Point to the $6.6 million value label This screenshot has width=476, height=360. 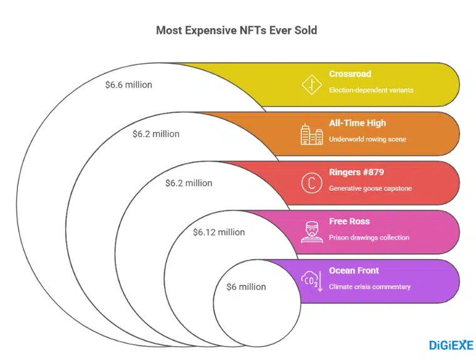pyautogui.click(x=128, y=85)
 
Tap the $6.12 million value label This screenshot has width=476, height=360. pyautogui.click(x=219, y=232)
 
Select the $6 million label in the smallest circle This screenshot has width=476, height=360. pyautogui.click(x=246, y=287)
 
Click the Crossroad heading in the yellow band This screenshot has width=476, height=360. pyautogui.click(x=349, y=74)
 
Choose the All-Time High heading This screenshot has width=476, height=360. pyautogui.click(x=358, y=123)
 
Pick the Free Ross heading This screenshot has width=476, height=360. pyautogui.click(x=349, y=222)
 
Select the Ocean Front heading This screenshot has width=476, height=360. pyautogui.click(x=354, y=270)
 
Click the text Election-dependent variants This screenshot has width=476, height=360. pyautogui.click(x=371, y=90)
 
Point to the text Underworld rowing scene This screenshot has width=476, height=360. pyautogui.click(x=368, y=139)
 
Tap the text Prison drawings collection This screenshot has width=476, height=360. pyautogui.click(x=369, y=237)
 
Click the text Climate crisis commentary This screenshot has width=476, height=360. pyautogui.click(x=370, y=287)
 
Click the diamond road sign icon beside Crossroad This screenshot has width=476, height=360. pyautogui.click(x=311, y=85)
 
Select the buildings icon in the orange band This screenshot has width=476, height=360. pyautogui.click(x=311, y=133)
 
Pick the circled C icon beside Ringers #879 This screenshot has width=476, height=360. pyautogui.click(x=311, y=183)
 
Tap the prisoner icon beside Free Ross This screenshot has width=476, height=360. pyautogui.click(x=311, y=232)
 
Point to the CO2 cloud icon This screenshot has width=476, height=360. pyautogui.click(x=311, y=281)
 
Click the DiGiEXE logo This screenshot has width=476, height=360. pyautogui.click(x=451, y=345)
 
